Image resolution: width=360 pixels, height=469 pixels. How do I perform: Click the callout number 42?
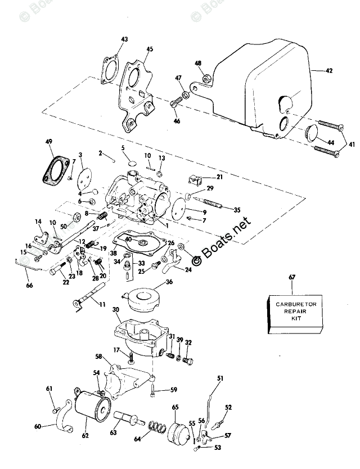[x=329, y=71]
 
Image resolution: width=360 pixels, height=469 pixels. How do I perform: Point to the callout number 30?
[x=116, y=310]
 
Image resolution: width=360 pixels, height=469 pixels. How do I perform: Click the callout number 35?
[x=237, y=210]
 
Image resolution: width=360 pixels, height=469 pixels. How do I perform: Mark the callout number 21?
[x=219, y=177]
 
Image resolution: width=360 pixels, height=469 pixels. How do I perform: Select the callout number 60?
[x=38, y=426]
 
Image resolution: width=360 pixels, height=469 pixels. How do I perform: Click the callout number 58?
[x=98, y=357]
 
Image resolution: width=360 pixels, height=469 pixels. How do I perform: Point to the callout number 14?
[x=38, y=221]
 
